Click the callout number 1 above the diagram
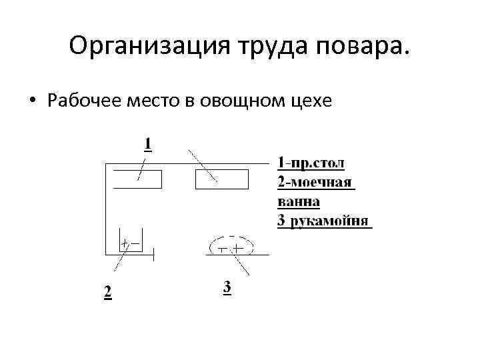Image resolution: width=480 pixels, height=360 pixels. (x=147, y=144)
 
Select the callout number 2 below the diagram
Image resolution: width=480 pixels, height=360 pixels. (x=107, y=291)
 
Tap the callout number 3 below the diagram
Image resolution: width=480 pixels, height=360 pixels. (x=227, y=289)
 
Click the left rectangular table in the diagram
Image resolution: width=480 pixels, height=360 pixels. (x=137, y=179)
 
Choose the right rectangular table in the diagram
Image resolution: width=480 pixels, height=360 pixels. (x=221, y=179)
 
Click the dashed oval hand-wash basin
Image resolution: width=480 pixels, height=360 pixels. (x=231, y=245)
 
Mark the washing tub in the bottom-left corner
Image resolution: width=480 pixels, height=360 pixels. (x=130, y=243)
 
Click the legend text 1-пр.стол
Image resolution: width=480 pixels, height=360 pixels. (x=311, y=163)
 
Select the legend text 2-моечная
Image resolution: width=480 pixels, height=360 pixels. (x=314, y=183)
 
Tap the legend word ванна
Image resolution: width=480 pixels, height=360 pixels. (x=298, y=201)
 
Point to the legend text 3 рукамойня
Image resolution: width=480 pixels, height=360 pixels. (x=323, y=221)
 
